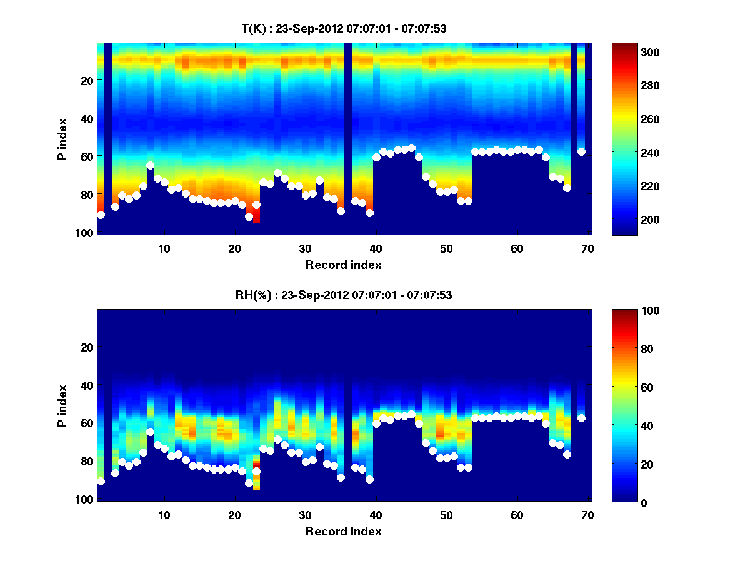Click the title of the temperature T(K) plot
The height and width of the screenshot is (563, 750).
343,29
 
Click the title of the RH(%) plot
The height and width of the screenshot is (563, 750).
343,295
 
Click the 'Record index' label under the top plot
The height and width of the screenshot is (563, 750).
343,265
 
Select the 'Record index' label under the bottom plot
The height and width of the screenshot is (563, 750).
343,532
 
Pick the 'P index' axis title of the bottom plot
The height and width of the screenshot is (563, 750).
62,405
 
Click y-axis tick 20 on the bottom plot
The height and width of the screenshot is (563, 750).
86,347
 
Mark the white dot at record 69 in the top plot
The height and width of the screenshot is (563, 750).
581,151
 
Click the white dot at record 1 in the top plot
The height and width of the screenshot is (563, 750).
101,215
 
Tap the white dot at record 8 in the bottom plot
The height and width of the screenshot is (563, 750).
150,432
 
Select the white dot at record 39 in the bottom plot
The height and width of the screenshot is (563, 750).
369,479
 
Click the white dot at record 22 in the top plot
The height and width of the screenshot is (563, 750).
249,216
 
